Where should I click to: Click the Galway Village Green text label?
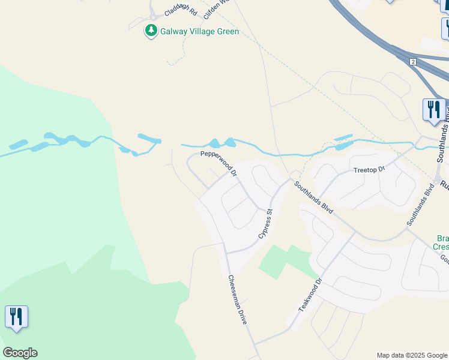[200, 32]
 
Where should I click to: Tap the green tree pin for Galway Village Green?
[151, 31]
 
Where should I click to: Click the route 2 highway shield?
[413, 62]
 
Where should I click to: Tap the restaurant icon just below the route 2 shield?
[433, 110]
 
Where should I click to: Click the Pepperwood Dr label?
[219, 163]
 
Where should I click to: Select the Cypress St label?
[266, 224]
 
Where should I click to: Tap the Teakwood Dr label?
[311, 294]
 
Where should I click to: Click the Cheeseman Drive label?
[237, 299]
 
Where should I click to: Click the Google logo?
[20, 353]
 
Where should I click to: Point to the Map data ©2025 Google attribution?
[411, 355]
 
